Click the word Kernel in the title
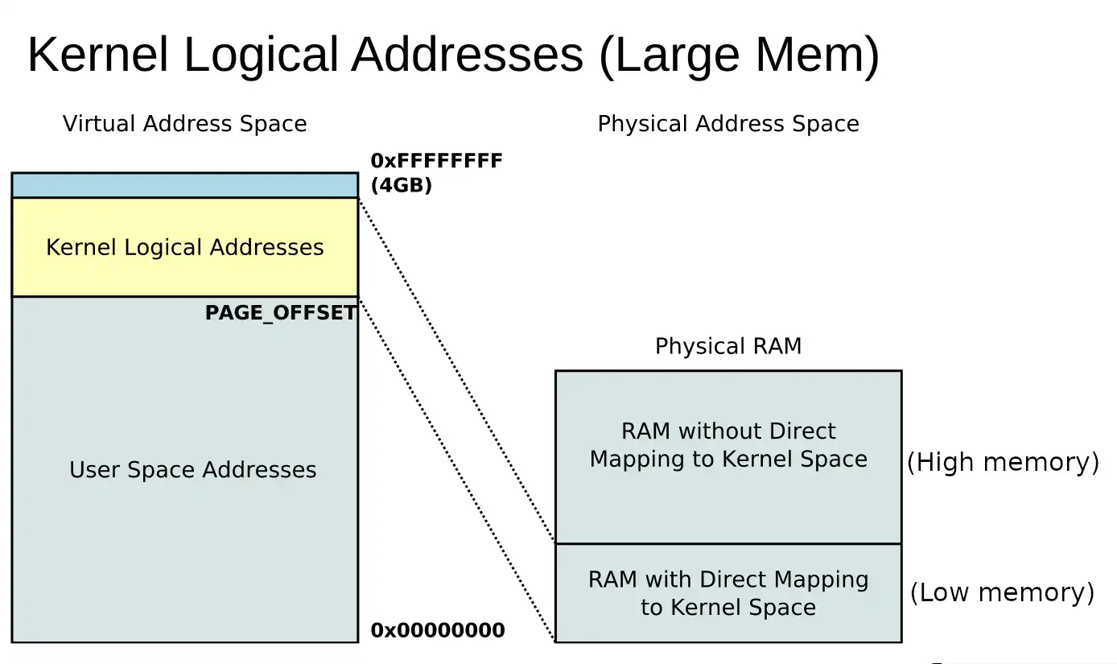tap(97, 56)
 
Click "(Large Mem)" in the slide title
tap(738, 56)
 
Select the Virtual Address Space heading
tap(184, 124)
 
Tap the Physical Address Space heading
tap(727, 124)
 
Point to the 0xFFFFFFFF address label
tap(436, 161)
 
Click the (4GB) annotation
tap(401, 185)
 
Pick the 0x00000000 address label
tap(437, 630)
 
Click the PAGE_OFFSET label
tap(280, 313)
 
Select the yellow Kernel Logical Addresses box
tap(184, 247)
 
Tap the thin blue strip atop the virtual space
tap(184, 185)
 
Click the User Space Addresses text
tap(192, 470)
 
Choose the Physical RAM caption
tap(727, 346)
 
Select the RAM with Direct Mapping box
tap(727, 593)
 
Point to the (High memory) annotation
tap(1003, 462)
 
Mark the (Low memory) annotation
tap(1002, 592)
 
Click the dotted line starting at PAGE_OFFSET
tap(456, 470)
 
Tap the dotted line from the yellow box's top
tap(456, 370)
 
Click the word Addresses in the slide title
tap(467, 56)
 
